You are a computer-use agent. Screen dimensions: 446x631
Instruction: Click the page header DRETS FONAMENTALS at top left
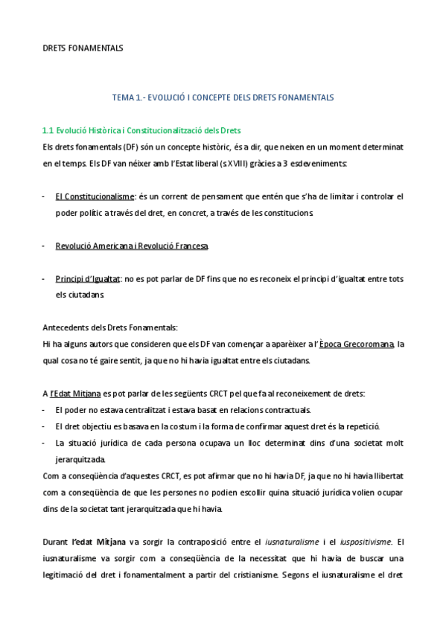click(x=83, y=48)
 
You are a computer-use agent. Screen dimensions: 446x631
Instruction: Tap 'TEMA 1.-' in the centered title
click(x=127, y=97)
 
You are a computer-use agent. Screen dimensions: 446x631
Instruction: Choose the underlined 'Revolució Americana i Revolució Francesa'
click(x=132, y=246)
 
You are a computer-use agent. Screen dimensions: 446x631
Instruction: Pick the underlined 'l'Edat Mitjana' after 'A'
click(x=76, y=393)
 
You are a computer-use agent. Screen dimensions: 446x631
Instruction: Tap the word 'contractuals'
click(x=265, y=410)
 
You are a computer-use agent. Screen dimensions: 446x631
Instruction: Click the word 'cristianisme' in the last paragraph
click(x=296, y=574)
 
